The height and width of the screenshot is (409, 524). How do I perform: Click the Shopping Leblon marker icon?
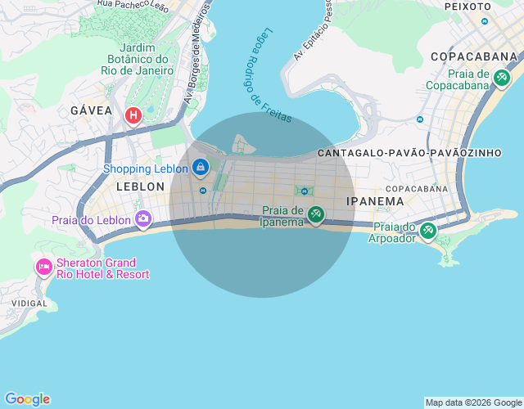click(201, 168)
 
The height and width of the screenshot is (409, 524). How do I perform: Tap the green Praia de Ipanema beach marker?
click(316, 215)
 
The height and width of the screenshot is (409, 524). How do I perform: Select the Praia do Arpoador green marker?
click(427, 231)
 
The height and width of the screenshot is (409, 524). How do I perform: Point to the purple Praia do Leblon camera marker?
click(143, 218)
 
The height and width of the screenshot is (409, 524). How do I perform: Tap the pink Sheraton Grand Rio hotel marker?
click(43, 267)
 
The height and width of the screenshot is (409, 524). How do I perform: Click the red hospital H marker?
click(132, 116)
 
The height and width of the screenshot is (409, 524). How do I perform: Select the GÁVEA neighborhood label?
click(91, 110)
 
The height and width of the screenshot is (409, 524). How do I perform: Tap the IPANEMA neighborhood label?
click(375, 201)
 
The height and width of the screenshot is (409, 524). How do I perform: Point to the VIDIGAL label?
click(29, 303)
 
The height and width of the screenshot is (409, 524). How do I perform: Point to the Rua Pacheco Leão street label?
click(132, 4)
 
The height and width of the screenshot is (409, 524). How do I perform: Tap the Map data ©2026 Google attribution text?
click(473, 402)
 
